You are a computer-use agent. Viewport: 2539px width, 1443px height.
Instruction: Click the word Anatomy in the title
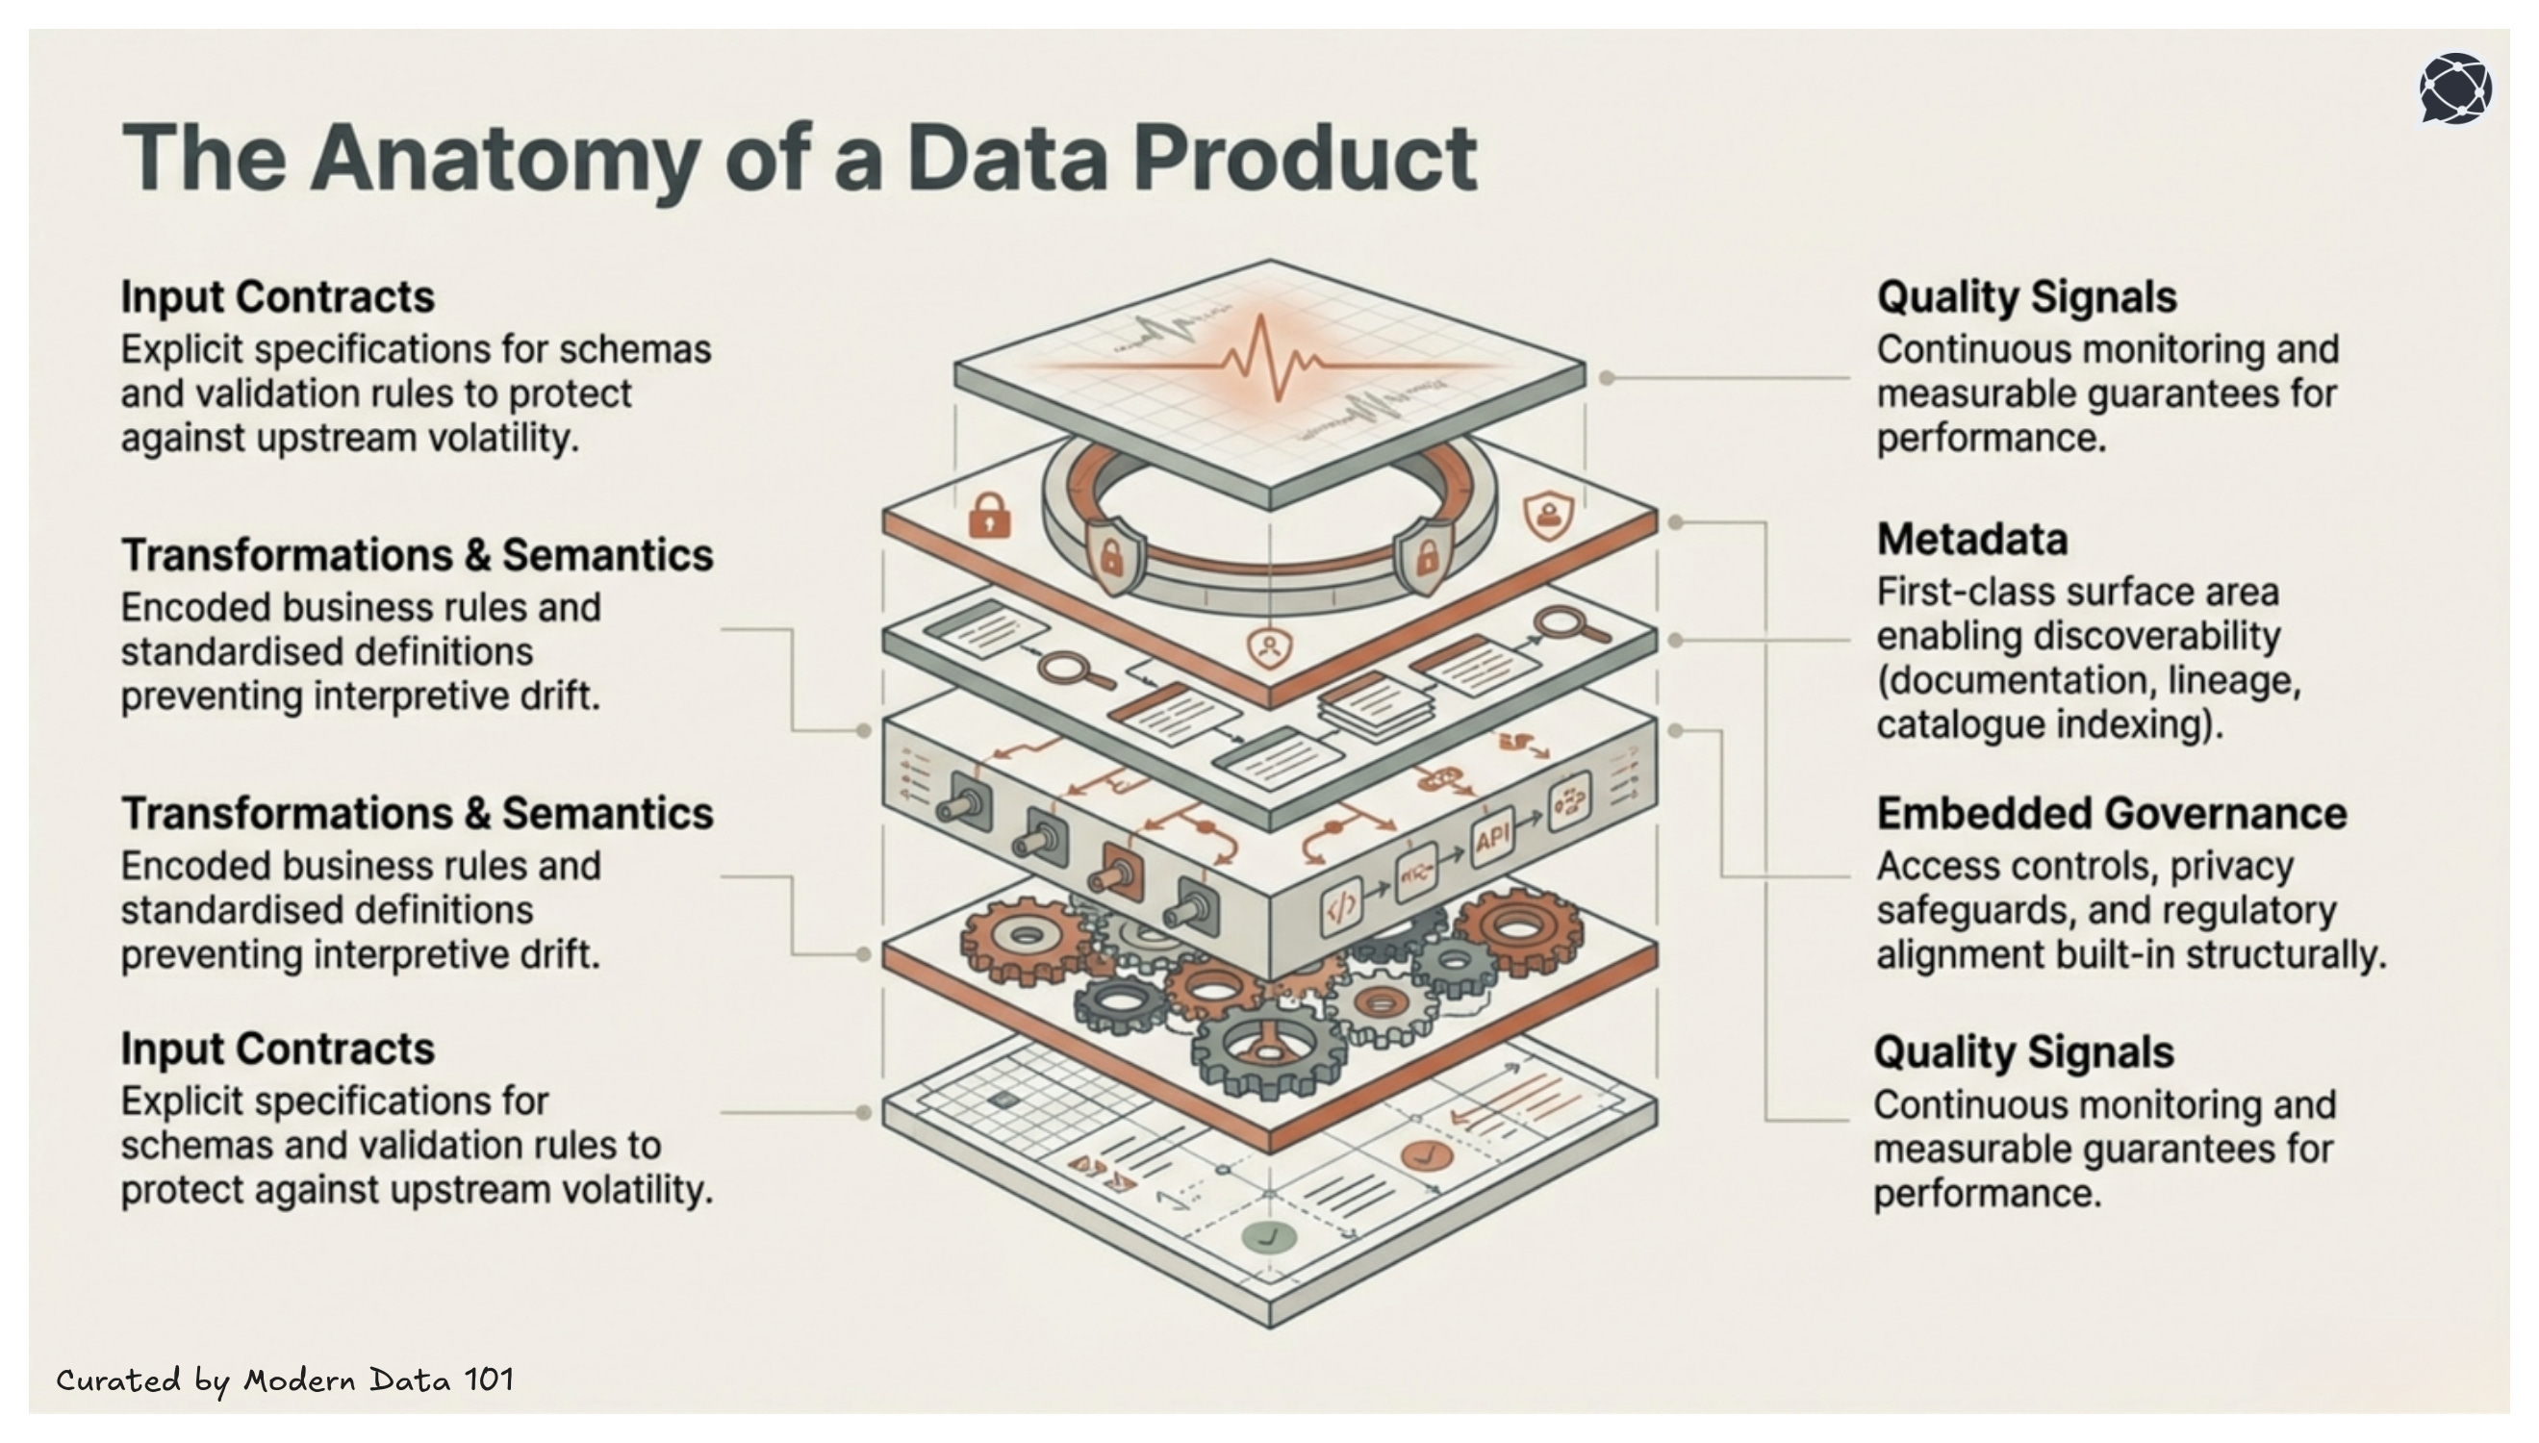coord(504,160)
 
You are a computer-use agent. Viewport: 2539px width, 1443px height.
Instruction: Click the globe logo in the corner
coord(2454,89)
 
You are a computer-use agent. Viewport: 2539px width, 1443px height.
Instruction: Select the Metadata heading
coord(1972,540)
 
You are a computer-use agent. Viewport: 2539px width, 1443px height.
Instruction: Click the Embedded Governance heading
coord(2111,814)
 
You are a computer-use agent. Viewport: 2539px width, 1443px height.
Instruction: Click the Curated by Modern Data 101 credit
coord(285,1380)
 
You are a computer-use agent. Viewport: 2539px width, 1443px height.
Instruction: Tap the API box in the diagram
coord(1491,839)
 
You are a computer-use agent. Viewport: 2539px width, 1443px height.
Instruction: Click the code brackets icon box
coord(1340,908)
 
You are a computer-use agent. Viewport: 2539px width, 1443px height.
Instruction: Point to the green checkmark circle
coord(1268,1237)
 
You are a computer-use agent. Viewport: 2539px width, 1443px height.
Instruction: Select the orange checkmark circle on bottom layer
coord(1426,1154)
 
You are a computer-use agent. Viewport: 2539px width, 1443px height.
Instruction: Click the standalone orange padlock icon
coord(989,516)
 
